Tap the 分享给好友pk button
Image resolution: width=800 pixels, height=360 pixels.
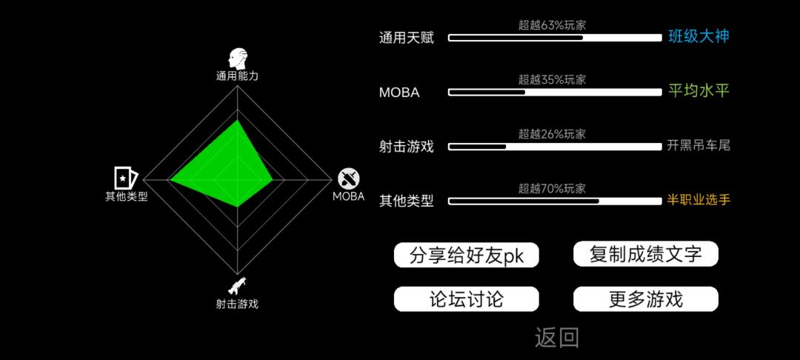pos(467,255)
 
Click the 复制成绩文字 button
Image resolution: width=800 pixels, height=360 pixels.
pos(645,254)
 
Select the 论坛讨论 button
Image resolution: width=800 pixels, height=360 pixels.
pos(467,299)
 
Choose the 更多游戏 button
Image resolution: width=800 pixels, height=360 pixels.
pos(645,299)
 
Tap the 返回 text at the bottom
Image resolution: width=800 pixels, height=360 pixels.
pos(556,338)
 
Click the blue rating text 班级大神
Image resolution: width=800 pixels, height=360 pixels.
pos(699,37)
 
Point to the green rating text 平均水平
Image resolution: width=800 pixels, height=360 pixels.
pos(699,91)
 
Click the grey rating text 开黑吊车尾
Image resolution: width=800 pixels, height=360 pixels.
pos(699,146)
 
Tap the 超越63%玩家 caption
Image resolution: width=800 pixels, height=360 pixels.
pos(552,25)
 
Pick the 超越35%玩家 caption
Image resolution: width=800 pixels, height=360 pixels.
pos(552,79)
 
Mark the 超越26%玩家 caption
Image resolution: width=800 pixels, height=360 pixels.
pos(552,134)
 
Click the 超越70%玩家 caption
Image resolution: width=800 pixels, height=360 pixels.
pos(552,189)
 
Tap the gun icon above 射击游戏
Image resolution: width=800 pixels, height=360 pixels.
pos(237,287)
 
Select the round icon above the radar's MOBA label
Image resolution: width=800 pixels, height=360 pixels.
pos(349,179)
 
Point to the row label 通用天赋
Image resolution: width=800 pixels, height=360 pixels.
pos(406,38)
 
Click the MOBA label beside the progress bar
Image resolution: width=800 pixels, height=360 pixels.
pos(399,93)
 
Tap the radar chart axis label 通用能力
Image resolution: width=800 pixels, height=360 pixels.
pos(237,76)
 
